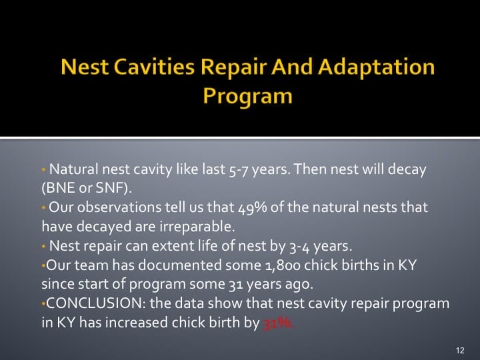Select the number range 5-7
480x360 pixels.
click(239, 170)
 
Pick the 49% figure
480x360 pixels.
click(254, 207)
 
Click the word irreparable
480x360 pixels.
click(137, 225)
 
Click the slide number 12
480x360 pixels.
click(460, 349)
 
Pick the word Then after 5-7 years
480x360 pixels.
click(309, 169)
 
